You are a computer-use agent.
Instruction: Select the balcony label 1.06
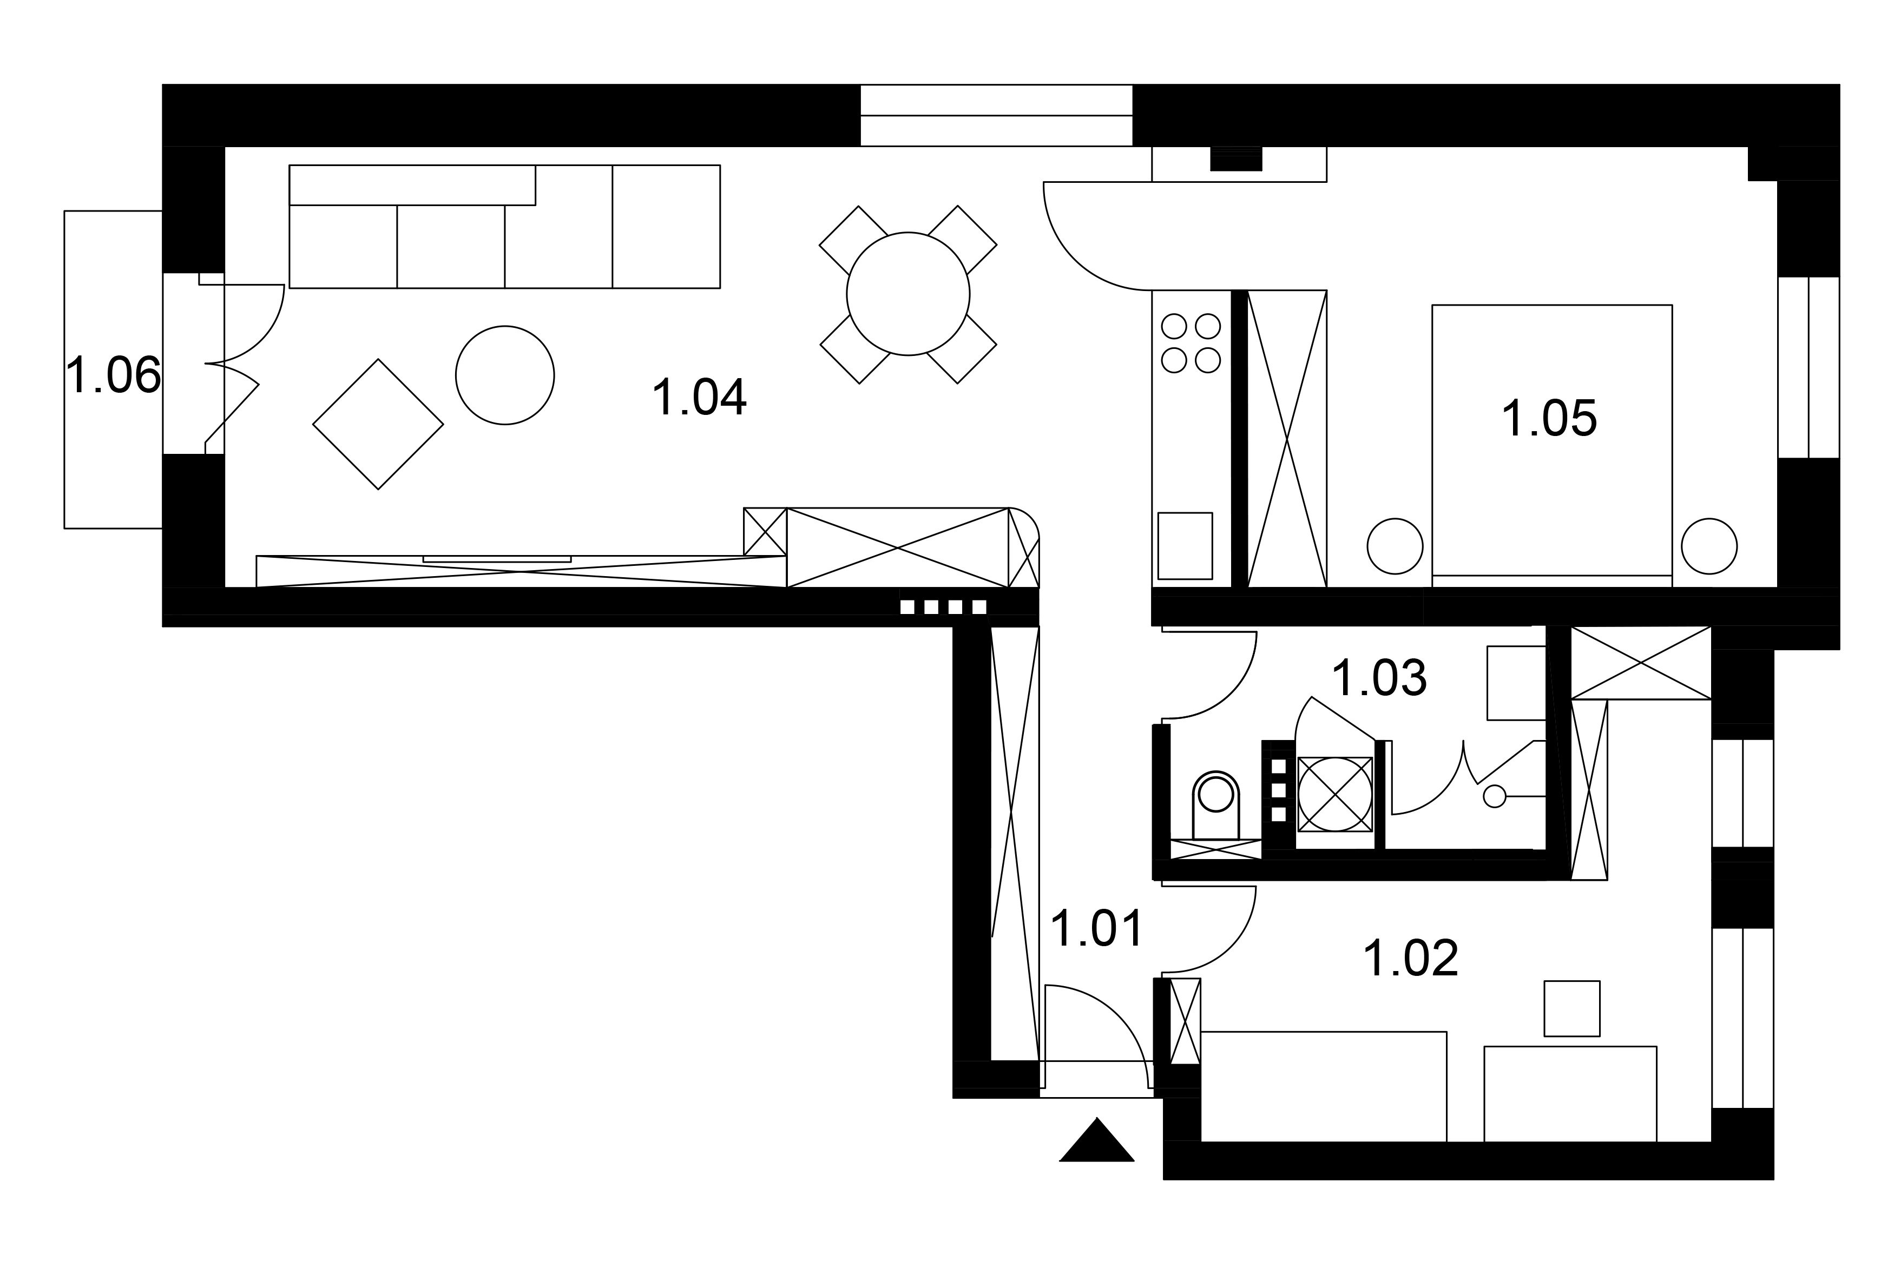(x=113, y=375)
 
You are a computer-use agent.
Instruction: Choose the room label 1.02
(x=1411, y=959)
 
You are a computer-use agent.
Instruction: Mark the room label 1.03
(x=1379, y=678)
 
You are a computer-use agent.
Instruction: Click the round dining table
(x=908, y=294)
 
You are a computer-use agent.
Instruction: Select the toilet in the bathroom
(x=1215, y=805)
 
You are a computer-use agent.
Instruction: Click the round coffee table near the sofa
(x=505, y=375)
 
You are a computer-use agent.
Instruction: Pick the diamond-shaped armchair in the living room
(x=378, y=424)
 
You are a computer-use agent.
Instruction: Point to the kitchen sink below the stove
(x=1185, y=546)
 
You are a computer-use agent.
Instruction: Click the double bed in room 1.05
(x=1552, y=446)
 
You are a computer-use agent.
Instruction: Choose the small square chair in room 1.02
(x=1571, y=1008)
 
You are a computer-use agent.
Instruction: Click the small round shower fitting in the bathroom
(x=1494, y=796)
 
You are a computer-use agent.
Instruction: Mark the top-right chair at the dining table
(x=963, y=239)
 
